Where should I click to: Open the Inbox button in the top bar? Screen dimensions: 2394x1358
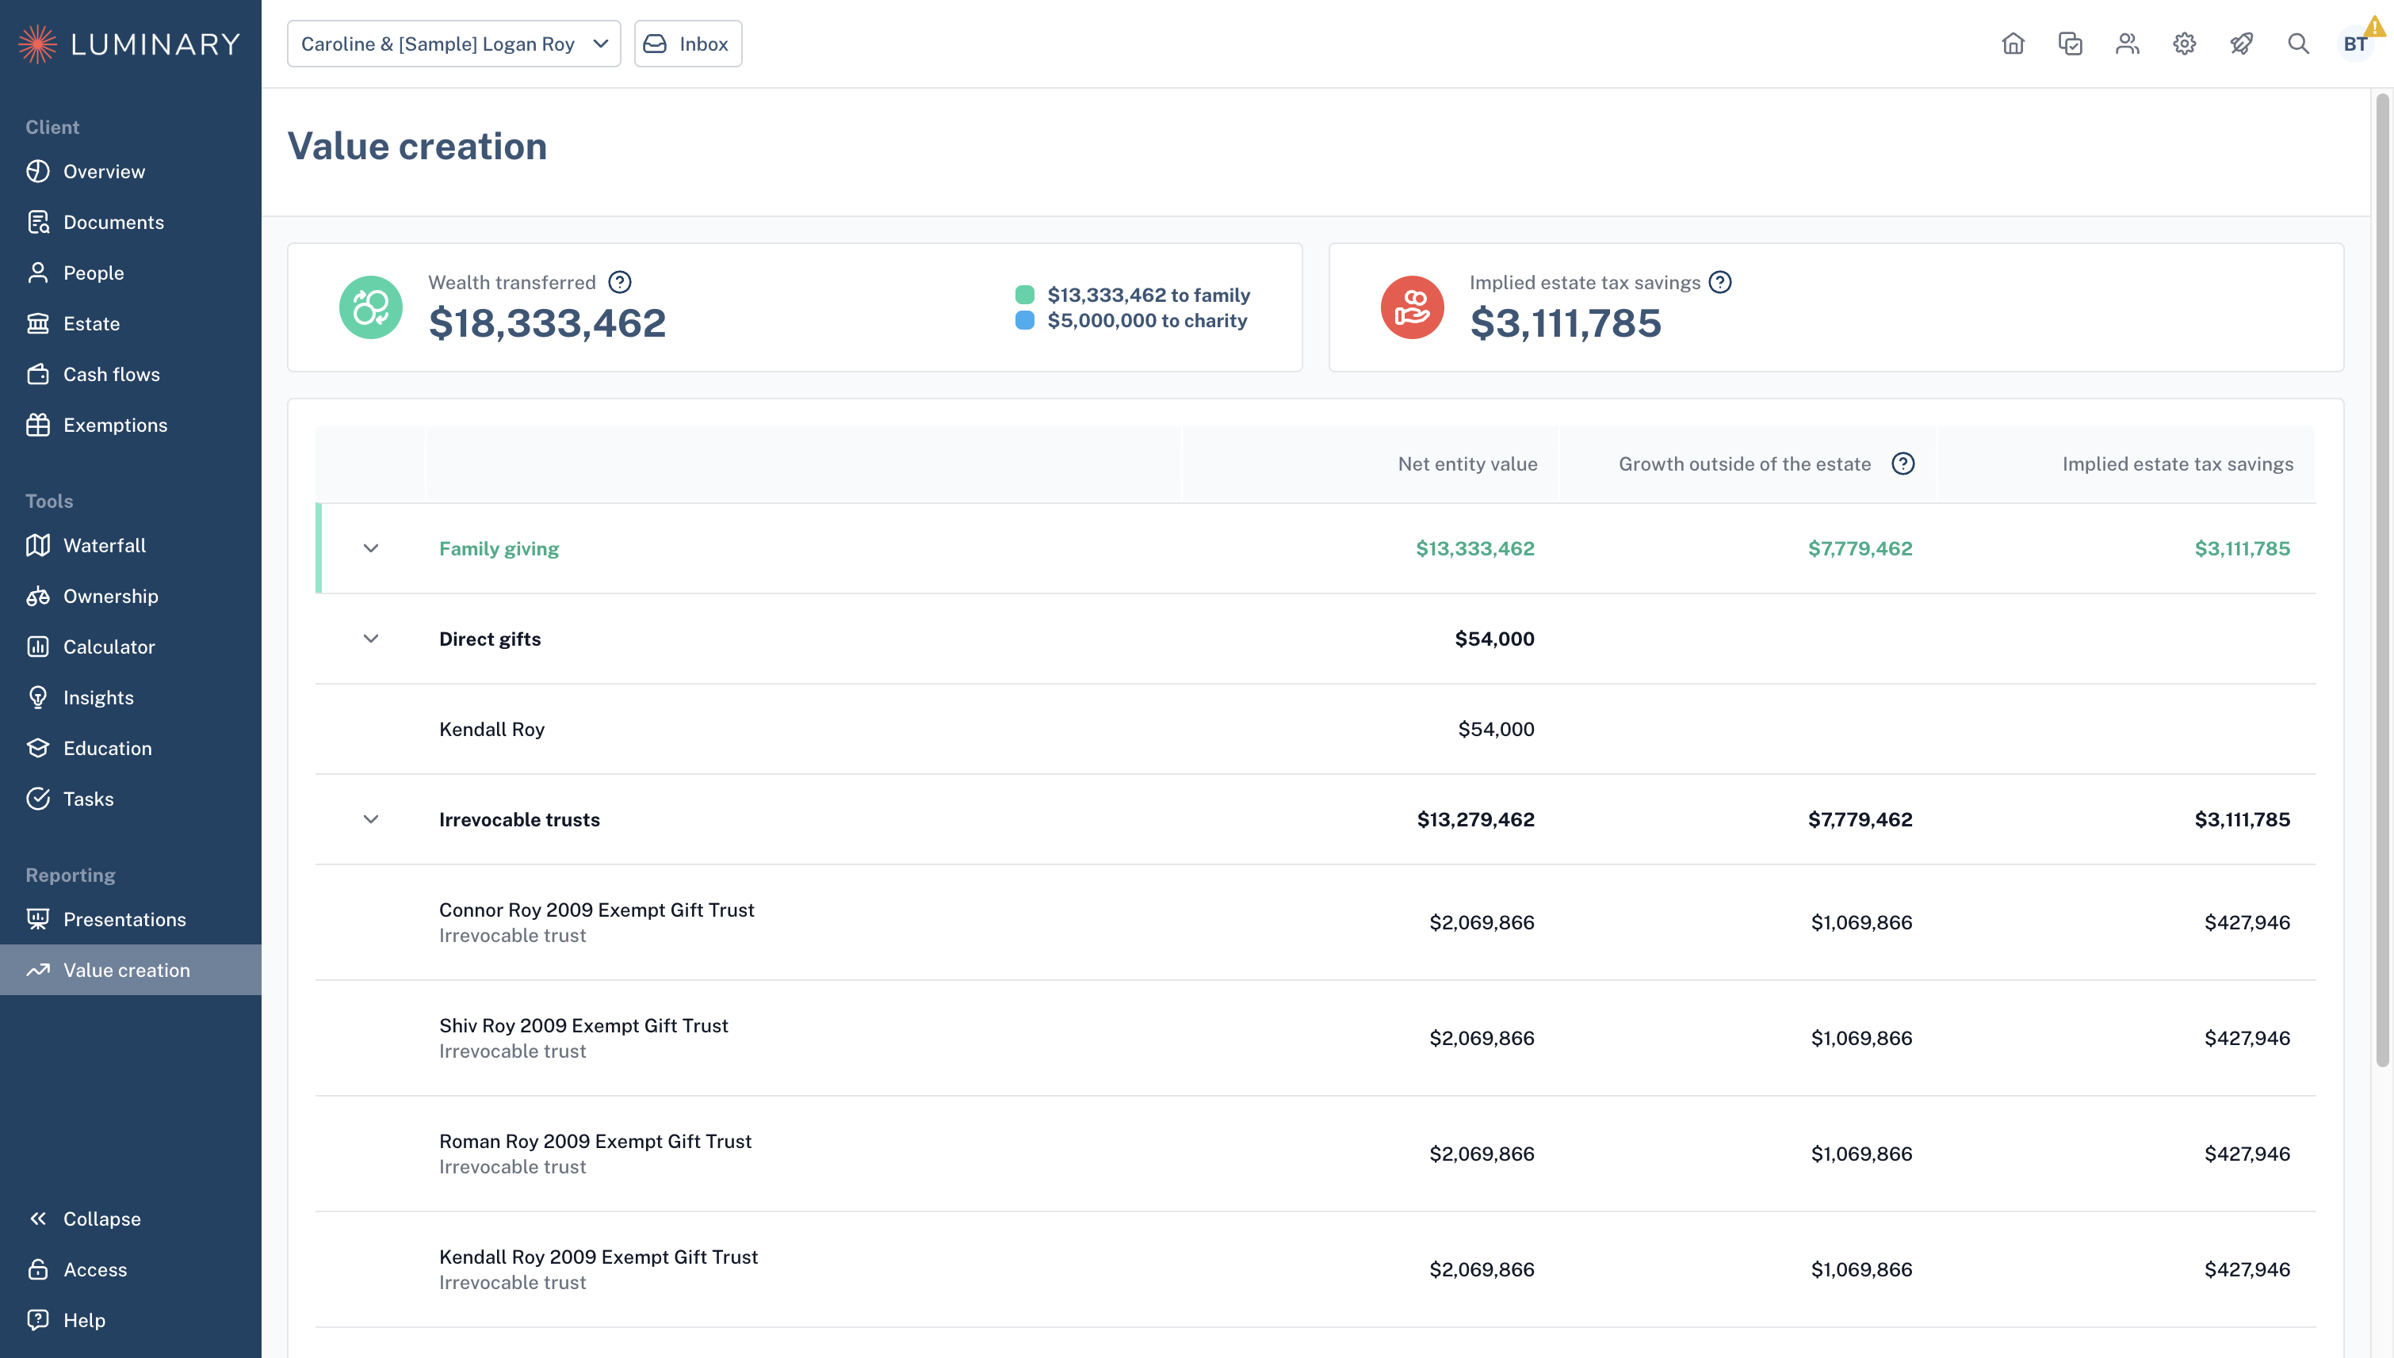pyautogui.click(x=687, y=44)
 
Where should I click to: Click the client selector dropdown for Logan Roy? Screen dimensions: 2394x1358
pyautogui.click(x=453, y=44)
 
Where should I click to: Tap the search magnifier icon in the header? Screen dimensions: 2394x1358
pyautogui.click(x=2298, y=44)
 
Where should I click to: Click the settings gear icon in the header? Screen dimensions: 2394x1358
pyautogui.click(x=2184, y=44)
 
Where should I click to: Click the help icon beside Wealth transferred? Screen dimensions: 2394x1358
pyautogui.click(x=619, y=282)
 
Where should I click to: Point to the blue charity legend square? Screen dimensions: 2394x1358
pyautogui.click(x=1024, y=321)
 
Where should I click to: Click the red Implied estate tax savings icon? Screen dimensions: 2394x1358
pyautogui.click(x=1413, y=307)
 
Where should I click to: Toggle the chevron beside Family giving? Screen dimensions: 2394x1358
pyautogui.click(x=370, y=548)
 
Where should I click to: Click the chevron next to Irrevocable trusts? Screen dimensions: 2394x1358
pyautogui.click(x=370, y=820)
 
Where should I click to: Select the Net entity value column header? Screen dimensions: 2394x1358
pyautogui.click(x=1467, y=464)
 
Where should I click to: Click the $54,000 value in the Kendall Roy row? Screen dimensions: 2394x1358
pyautogui.click(x=1497, y=730)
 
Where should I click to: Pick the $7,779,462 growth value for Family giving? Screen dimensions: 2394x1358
pyautogui.click(x=1861, y=548)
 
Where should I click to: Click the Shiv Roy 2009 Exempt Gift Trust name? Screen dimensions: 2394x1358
pyautogui.click(x=584, y=1026)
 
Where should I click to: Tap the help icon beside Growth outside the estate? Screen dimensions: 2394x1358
pyautogui.click(x=1903, y=463)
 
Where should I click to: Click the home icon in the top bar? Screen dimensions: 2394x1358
pyautogui.click(x=2013, y=44)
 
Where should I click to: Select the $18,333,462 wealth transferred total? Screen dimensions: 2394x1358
pyautogui.click(x=548, y=323)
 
